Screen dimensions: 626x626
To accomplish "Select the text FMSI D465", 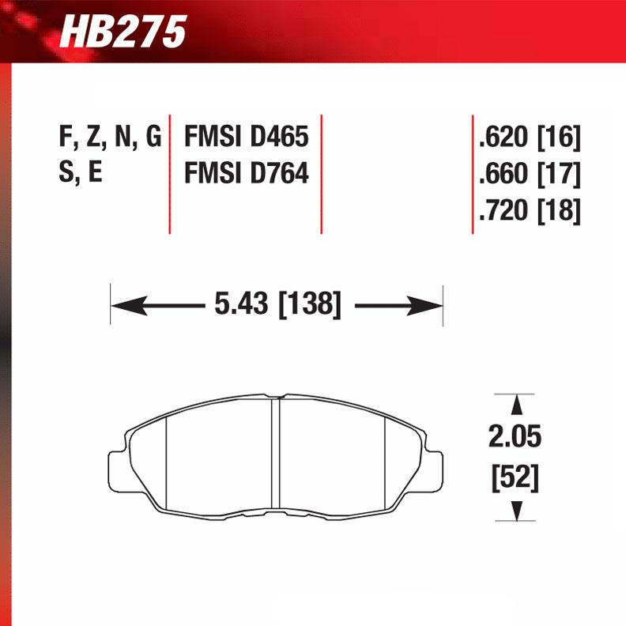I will pyautogui.click(x=246, y=138).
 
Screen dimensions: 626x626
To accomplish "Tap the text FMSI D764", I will pyautogui.click(x=246, y=173).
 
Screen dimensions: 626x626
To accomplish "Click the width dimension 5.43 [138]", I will pyautogui.click(x=277, y=304).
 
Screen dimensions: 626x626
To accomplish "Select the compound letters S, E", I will pyautogui.click(x=80, y=173).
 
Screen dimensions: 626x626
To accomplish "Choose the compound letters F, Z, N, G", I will pyautogui.click(x=110, y=138).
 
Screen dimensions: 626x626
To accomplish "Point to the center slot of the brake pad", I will pyautogui.click(x=277, y=454).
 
